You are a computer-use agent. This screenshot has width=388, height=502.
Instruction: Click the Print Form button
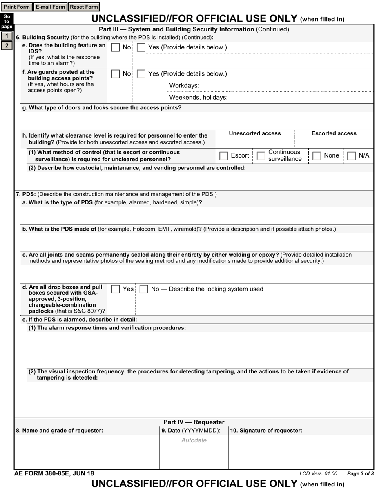tap(17, 7)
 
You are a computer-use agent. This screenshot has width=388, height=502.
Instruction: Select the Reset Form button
tap(84, 7)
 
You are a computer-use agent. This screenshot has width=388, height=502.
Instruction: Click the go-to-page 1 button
tap(7, 36)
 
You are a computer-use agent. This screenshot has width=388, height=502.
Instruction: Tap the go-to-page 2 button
tap(7, 45)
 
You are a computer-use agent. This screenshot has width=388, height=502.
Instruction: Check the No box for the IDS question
tap(116, 48)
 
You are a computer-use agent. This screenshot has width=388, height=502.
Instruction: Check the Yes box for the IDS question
tap(141, 48)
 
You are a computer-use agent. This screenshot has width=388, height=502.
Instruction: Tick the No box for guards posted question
tap(116, 74)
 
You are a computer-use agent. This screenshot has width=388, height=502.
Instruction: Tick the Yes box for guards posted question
tap(141, 74)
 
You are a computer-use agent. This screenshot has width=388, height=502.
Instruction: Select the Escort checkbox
tap(224, 156)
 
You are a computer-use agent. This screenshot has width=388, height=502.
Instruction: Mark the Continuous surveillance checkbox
tap(261, 156)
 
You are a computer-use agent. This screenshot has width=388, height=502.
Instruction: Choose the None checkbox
tap(317, 156)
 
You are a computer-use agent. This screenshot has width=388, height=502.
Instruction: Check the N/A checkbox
tap(351, 156)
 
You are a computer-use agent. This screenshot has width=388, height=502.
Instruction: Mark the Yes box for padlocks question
tap(116, 289)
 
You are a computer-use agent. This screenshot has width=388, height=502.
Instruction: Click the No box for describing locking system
tap(143, 289)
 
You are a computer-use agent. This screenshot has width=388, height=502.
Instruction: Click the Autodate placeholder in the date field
tap(194, 440)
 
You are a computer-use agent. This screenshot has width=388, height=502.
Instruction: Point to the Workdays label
tap(184, 86)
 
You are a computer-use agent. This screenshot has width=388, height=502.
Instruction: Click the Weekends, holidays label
tap(198, 98)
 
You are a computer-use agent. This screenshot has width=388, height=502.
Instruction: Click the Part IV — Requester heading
tap(194, 422)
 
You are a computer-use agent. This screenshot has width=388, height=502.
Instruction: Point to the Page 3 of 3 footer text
tap(360, 474)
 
